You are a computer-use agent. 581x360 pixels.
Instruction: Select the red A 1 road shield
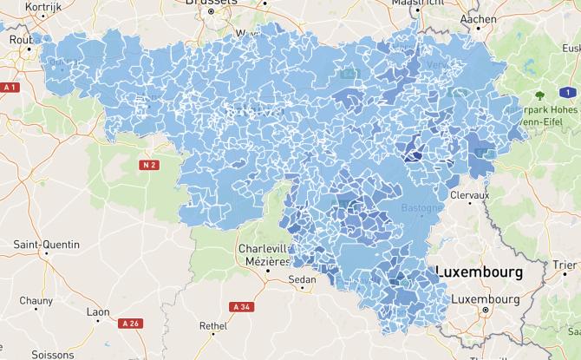(x=10, y=88)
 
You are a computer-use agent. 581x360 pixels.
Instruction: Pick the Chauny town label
(x=36, y=300)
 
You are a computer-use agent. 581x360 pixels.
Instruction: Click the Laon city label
(x=98, y=311)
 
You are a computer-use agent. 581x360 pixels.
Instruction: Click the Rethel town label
(x=212, y=326)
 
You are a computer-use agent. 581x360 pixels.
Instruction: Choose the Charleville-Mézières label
(x=263, y=254)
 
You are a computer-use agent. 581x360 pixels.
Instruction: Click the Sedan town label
(x=303, y=280)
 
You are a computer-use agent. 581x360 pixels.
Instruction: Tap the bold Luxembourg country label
(x=480, y=272)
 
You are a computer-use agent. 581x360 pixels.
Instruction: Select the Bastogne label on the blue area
(x=421, y=208)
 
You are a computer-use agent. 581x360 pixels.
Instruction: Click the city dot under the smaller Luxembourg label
(x=486, y=310)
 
